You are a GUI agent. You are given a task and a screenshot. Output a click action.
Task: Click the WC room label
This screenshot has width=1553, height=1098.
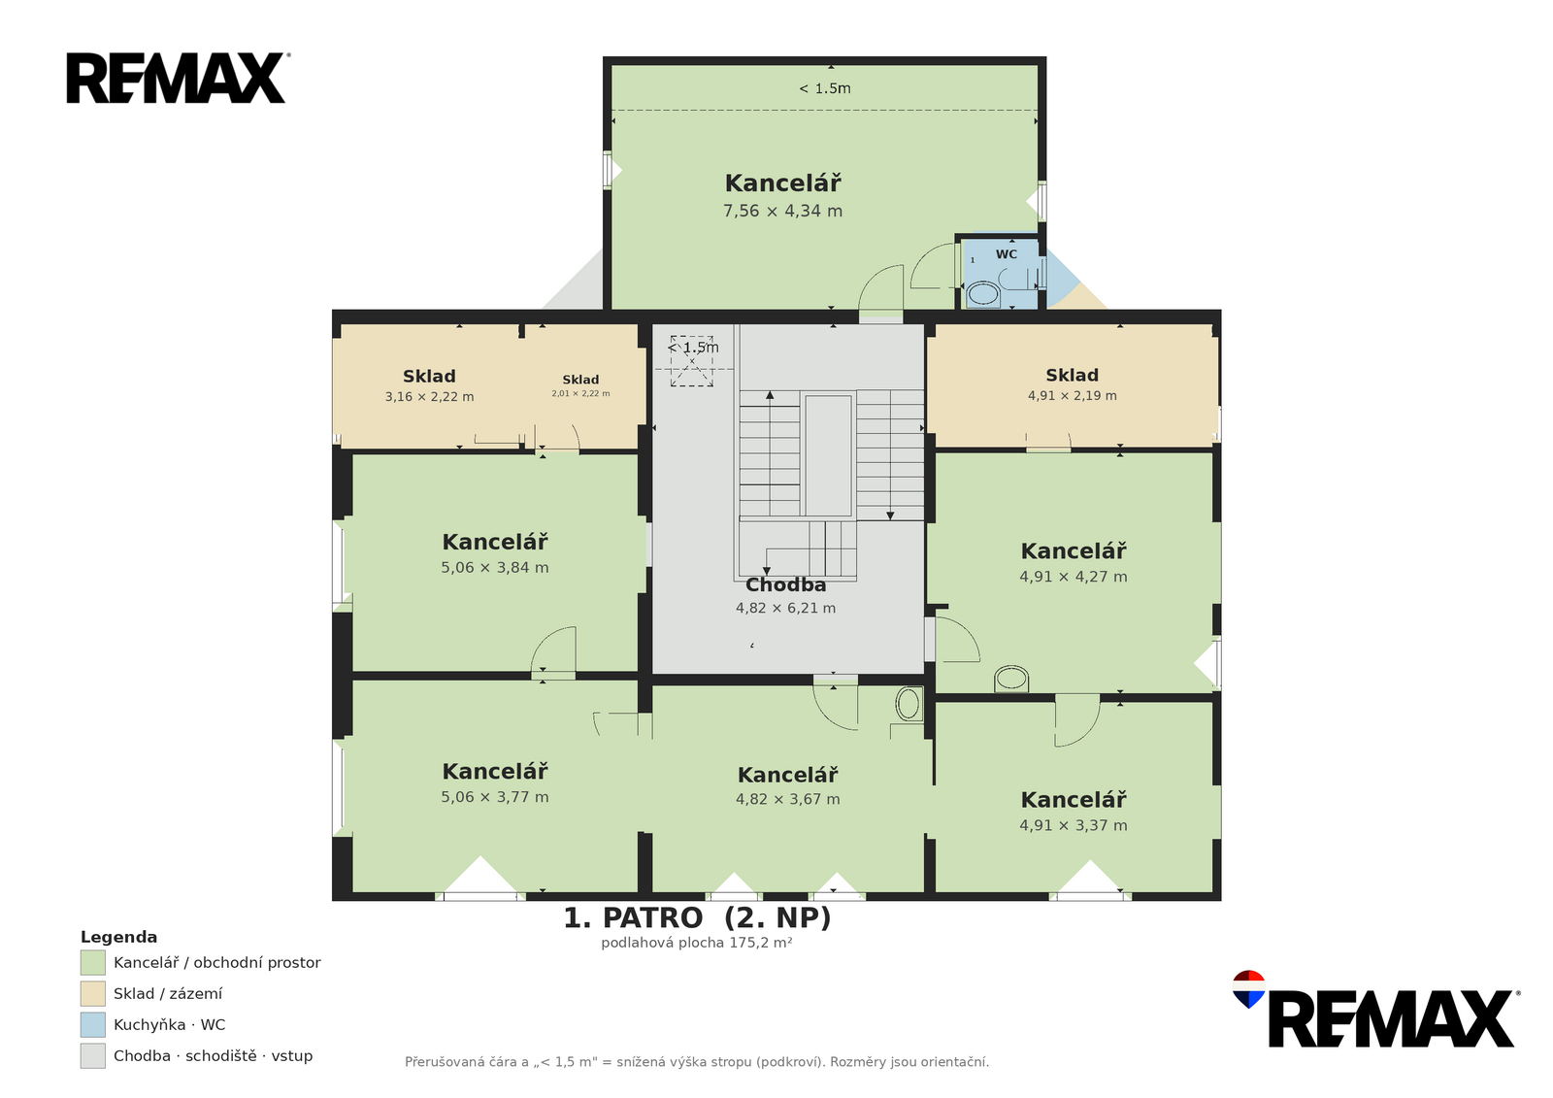pyautogui.click(x=1006, y=254)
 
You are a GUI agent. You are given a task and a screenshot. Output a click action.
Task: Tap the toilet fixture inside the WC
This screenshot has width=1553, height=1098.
pyautogui.click(x=982, y=293)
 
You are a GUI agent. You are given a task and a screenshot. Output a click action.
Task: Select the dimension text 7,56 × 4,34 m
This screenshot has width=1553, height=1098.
pyautogui.click(x=782, y=211)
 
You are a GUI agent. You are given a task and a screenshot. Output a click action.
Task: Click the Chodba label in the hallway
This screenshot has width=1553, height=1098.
pyautogui.click(x=785, y=584)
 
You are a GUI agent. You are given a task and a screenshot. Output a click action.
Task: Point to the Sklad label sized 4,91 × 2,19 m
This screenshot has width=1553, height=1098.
pyautogui.click(x=1072, y=376)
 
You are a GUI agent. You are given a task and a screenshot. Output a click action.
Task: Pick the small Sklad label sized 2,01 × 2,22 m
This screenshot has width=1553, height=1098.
pyautogui.click(x=580, y=380)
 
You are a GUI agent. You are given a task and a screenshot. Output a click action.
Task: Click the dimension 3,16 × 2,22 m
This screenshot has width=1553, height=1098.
pyautogui.click(x=429, y=397)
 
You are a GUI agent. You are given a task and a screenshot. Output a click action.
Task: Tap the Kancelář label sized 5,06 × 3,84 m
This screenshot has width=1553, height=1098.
pyautogui.click(x=495, y=542)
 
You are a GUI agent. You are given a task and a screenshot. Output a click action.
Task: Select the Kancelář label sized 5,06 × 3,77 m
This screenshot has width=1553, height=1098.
pyautogui.click(x=495, y=771)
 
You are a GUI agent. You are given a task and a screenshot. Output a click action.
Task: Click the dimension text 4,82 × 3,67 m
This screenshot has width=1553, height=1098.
pyautogui.click(x=787, y=799)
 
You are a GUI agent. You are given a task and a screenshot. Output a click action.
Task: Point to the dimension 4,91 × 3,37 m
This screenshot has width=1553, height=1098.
pyautogui.click(x=1074, y=825)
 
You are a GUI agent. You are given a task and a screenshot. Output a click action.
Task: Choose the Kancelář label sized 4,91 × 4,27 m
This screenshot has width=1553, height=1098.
pyautogui.click(x=1074, y=550)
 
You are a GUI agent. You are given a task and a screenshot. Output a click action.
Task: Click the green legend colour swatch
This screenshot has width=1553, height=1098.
pyautogui.click(x=93, y=963)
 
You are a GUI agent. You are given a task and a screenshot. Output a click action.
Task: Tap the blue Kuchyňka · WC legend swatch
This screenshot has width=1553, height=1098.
pyautogui.click(x=93, y=1024)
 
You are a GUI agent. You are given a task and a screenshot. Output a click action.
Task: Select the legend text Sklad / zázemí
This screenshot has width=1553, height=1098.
pyautogui.click(x=168, y=994)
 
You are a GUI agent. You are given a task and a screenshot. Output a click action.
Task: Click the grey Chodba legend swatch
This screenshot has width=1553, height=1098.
pyautogui.click(x=93, y=1055)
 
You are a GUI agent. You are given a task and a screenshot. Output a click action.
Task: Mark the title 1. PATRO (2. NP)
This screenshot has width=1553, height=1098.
pyautogui.click(x=697, y=918)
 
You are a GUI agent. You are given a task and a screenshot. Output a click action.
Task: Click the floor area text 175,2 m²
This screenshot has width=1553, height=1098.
pyautogui.click(x=761, y=943)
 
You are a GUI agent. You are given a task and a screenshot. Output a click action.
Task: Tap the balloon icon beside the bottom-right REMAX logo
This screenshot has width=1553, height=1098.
pyautogui.click(x=1248, y=988)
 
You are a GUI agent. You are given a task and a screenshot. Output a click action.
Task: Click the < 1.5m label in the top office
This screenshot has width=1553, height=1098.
pyautogui.click(x=825, y=88)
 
